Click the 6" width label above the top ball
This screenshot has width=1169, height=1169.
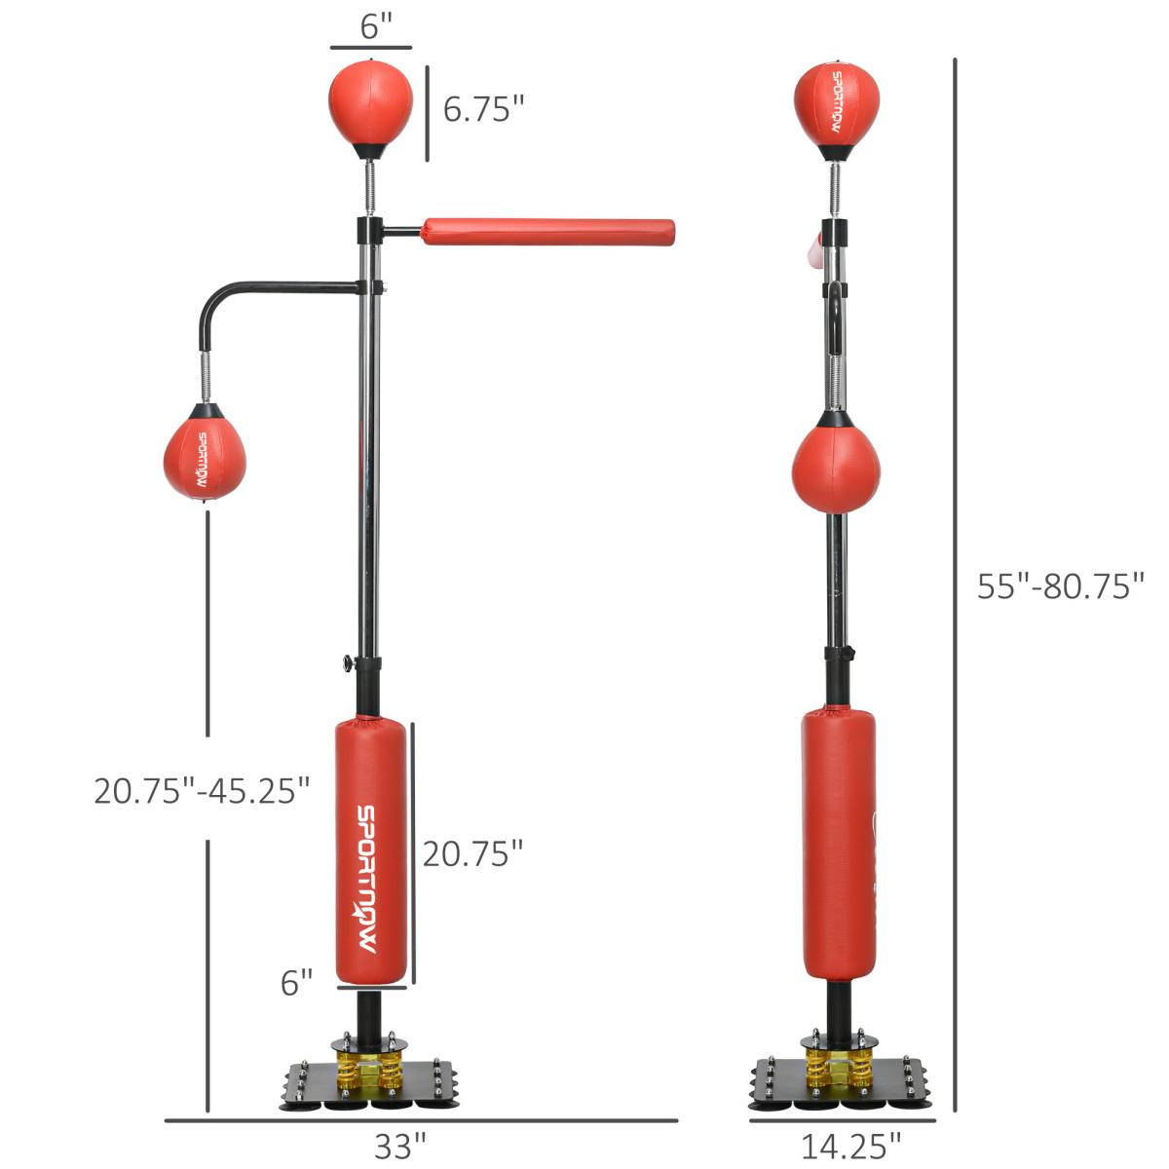coord(370,27)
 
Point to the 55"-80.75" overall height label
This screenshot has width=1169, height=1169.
coord(1060,586)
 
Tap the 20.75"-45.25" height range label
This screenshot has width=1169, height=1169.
coord(202,790)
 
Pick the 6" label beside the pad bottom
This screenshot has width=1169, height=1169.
coord(297,983)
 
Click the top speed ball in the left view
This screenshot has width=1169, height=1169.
coord(370,101)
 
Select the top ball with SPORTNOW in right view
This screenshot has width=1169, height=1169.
coord(837,103)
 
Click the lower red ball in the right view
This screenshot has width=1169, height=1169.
coord(836,466)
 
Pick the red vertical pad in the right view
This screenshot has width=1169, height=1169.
coord(838,844)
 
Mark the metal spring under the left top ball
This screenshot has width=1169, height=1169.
coord(370,186)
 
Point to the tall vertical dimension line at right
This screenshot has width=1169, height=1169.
coord(955,584)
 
